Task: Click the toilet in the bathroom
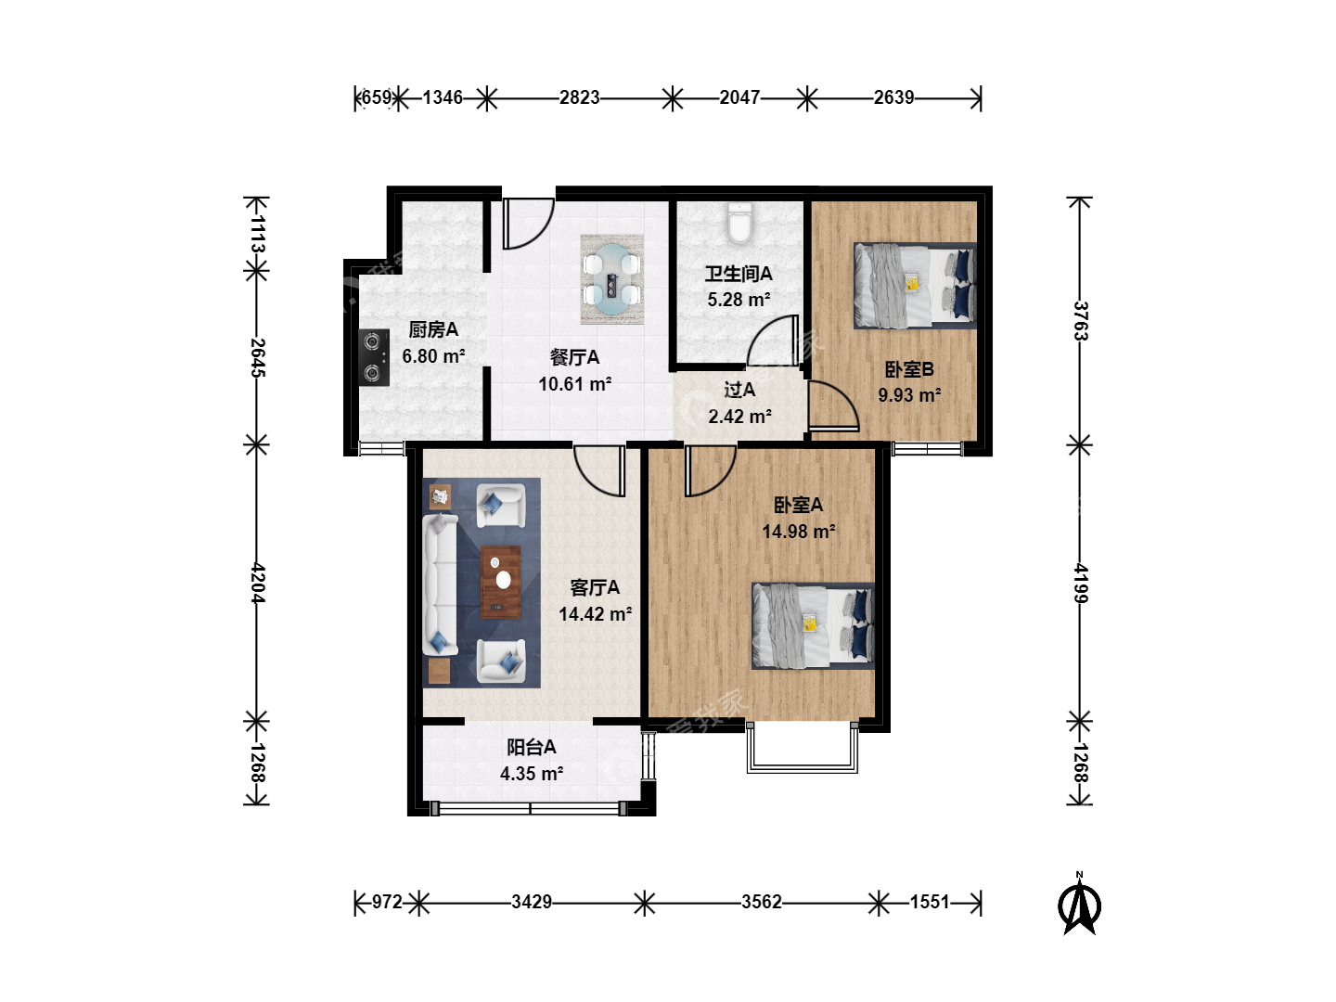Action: coord(740,224)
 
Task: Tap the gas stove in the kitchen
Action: coord(373,358)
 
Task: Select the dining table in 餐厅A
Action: coord(611,279)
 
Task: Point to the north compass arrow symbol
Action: coord(1079,905)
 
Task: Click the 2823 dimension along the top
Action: coord(580,97)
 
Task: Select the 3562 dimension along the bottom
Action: coord(762,902)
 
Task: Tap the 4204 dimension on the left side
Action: coord(258,583)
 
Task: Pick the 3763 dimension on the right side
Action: coord(1080,321)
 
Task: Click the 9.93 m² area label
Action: coord(909,395)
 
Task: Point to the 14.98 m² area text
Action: coord(799,532)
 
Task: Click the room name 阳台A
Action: coord(532,747)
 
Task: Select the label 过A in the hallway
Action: coord(739,390)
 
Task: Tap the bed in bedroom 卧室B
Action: coord(915,286)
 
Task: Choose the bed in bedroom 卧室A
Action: coord(813,626)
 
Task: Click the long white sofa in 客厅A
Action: coord(440,585)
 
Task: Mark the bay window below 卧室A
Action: coord(803,748)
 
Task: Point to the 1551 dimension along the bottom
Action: coord(930,902)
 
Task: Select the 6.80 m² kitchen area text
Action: coord(433,356)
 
